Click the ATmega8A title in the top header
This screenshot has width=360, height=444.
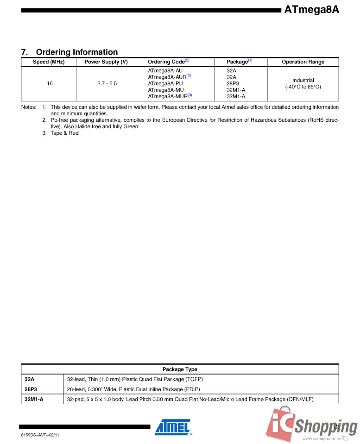(x=311, y=9)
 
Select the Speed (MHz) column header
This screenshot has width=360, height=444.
(x=49, y=62)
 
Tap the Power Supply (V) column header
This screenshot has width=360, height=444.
(x=106, y=62)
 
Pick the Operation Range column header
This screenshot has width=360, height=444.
(x=303, y=62)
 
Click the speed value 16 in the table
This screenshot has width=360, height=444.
(x=50, y=83)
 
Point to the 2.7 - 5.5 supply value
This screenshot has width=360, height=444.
(x=107, y=83)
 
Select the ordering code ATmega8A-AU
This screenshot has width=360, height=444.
(x=162, y=70)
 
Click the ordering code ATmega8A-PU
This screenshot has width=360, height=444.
(x=162, y=83)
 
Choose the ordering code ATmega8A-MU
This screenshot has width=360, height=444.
(x=162, y=90)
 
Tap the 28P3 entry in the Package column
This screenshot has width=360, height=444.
(x=233, y=83)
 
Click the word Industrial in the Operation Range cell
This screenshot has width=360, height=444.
(x=303, y=80)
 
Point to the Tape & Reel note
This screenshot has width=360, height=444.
(x=65, y=133)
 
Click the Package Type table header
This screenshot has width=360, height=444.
(x=180, y=369)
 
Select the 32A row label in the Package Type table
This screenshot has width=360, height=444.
(x=30, y=379)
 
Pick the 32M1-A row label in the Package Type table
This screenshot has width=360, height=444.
(x=34, y=399)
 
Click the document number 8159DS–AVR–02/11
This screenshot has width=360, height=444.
(x=40, y=436)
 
